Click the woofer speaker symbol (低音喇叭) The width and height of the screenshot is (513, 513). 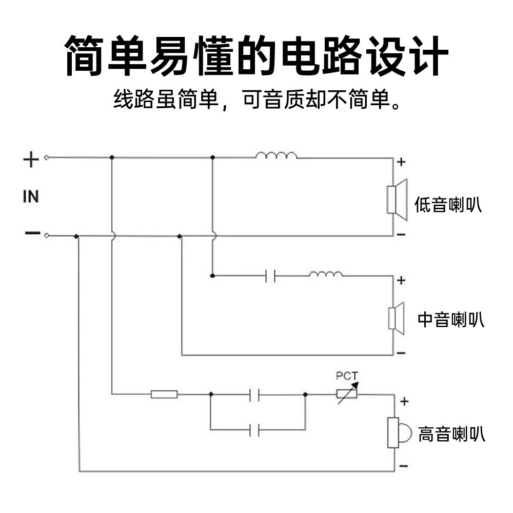coord(397,200)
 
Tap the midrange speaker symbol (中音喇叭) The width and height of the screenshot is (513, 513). coord(396,319)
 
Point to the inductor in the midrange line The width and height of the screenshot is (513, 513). coord(326,274)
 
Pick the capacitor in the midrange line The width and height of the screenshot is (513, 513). coord(270,276)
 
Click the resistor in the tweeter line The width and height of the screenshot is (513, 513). coord(164,394)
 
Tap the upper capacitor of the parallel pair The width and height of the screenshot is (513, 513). coord(254,394)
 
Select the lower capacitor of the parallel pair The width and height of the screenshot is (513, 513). coord(254,429)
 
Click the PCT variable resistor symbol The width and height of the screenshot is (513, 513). coord(347,393)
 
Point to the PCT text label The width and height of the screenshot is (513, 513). coord(347,376)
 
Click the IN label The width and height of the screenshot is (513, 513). coord(31,196)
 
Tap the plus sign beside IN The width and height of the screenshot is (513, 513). coord(31,160)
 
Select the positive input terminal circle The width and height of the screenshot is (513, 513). coord(47,157)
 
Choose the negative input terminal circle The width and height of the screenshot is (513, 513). coord(47,235)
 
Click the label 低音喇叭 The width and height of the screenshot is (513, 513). coord(448,205)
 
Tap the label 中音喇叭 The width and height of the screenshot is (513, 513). coord(451,319)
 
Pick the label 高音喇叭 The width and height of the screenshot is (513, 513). coord(452,434)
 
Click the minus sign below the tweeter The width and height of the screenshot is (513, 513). coord(404,466)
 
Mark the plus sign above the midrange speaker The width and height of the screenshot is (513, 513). coord(401,281)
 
